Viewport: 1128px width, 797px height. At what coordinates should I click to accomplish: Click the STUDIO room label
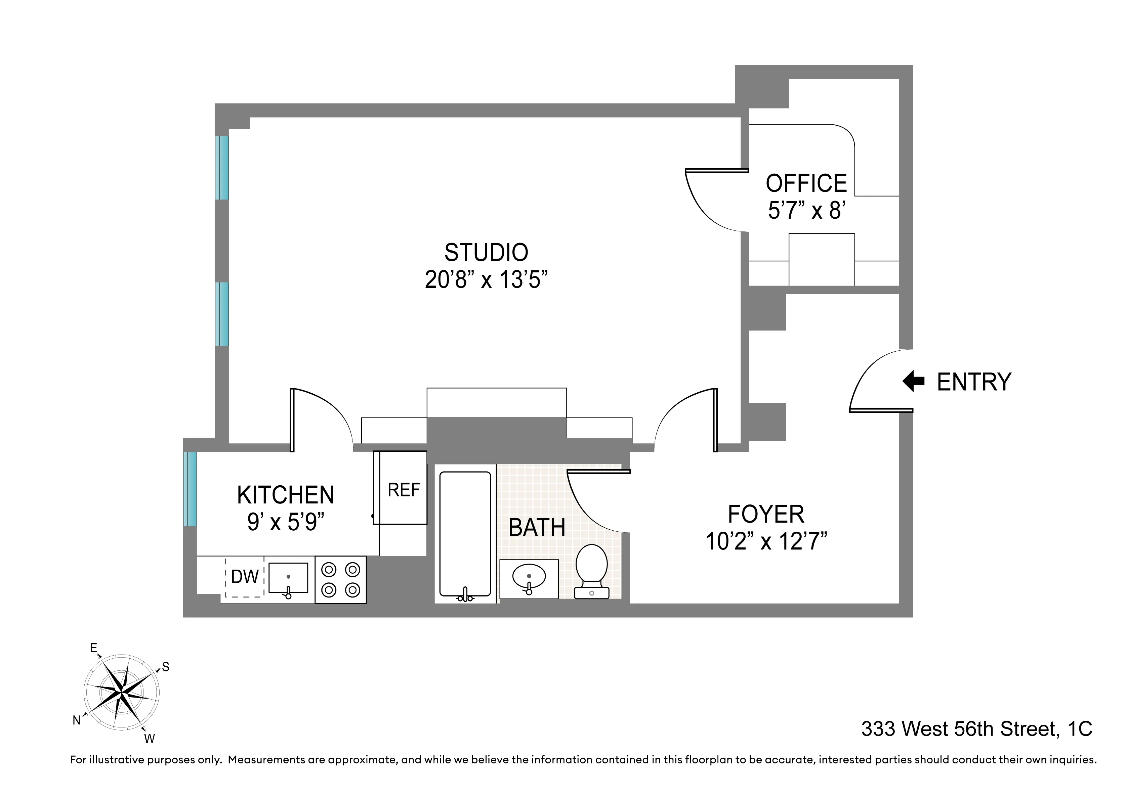[x=486, y=253]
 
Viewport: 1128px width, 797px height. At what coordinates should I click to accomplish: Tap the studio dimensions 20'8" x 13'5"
[x=486, y=280]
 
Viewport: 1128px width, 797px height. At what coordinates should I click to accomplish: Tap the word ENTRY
[x=974, y=382]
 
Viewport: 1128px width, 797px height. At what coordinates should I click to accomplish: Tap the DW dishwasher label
[x=245, y=577]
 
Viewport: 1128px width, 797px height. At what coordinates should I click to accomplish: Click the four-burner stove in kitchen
[x=340, y=579]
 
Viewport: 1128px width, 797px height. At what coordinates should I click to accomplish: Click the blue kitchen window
[x=190, y=489]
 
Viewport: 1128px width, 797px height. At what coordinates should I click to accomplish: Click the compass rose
[x=121, y=693]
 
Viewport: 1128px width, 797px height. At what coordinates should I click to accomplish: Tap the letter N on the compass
[x=77, y=720]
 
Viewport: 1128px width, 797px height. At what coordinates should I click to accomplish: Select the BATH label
[x=537, y=528]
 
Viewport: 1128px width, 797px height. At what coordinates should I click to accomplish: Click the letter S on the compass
[x=166, y=667]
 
